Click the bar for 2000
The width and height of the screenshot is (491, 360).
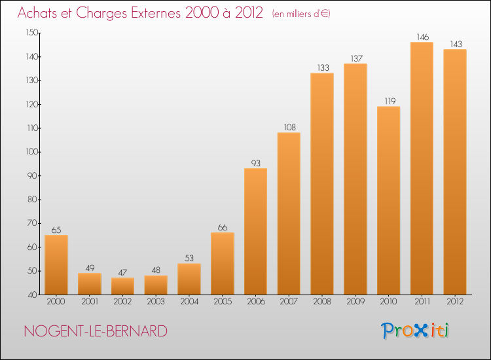(56, 264)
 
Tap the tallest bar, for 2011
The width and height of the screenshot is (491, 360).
(421, 168)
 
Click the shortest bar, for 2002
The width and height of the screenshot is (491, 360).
(122, 286)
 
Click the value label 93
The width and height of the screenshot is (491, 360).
(255, 163)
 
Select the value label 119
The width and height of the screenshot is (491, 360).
(388, 101)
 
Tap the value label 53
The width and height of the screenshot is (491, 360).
(189, 258)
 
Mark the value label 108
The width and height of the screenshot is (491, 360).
(289, 127)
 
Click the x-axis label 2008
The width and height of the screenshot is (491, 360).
(321, 302)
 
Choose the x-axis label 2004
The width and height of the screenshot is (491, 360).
(189, 302)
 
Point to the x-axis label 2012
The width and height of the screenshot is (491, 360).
(454, 302)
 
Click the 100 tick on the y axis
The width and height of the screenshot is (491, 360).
(31, 152)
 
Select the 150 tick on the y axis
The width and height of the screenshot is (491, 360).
(31, 33)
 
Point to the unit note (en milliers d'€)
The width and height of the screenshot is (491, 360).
(301, 14)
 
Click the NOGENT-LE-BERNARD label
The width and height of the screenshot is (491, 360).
(96, 331)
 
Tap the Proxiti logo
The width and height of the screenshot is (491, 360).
(415, 331)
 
